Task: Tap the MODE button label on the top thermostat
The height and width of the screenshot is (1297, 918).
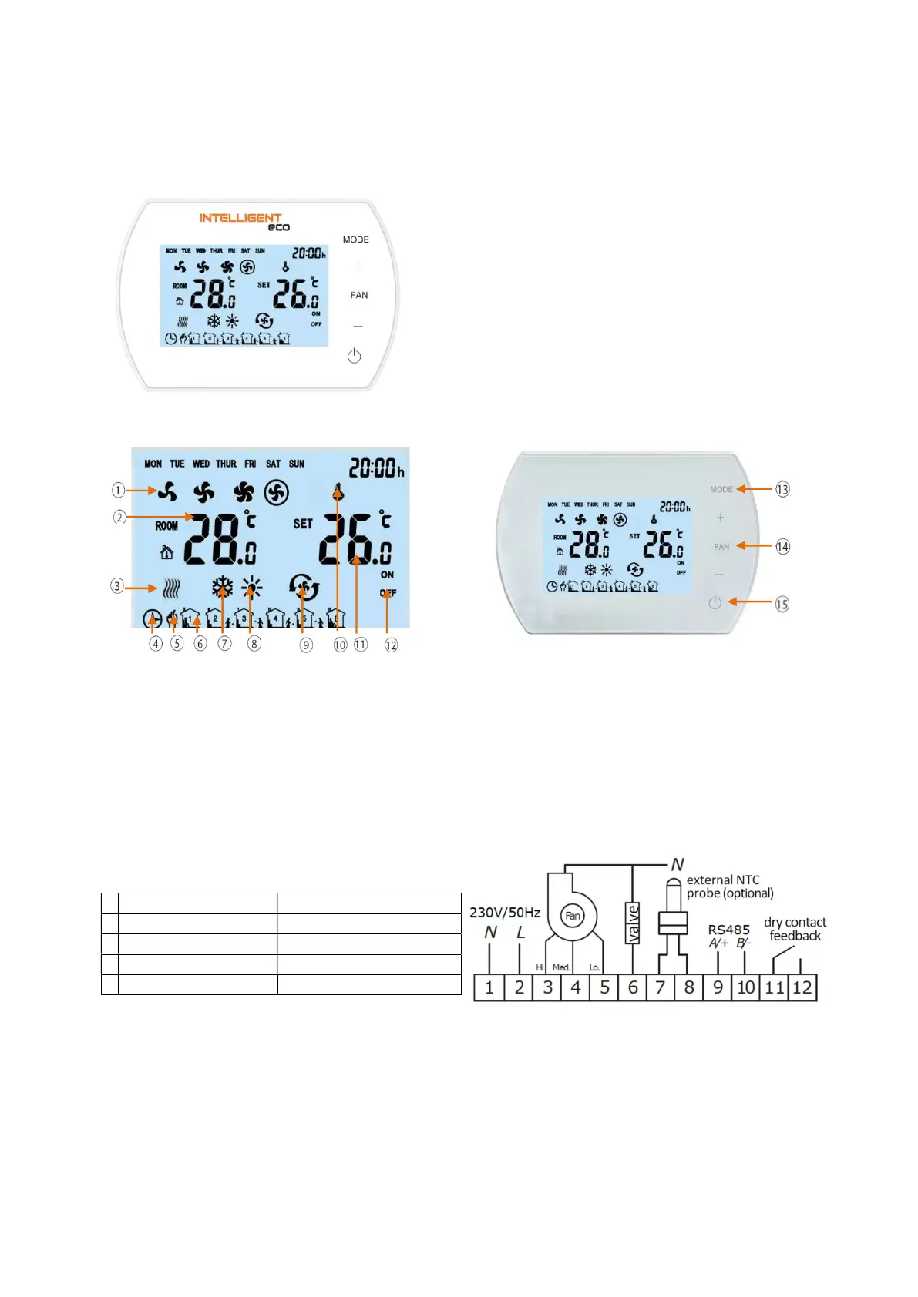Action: coord(355,240)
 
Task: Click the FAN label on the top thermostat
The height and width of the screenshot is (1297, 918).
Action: coord(358,295)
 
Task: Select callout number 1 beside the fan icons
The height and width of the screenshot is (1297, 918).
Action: coord(118,490)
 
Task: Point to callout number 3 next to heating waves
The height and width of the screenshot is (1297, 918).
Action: coord(117,586)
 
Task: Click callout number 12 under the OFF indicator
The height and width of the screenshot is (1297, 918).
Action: coord(391,645)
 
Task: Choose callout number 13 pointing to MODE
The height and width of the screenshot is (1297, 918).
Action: coord(782,489)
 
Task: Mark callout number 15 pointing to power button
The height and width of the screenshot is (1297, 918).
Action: coord(782,604)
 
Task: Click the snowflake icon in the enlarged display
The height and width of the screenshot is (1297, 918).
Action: coord(223,588)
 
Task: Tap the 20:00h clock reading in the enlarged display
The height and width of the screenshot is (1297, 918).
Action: coord(376,468)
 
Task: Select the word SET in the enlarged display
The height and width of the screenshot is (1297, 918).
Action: coord(303,524)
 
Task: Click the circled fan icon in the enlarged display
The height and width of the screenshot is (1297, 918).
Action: coord(277,492)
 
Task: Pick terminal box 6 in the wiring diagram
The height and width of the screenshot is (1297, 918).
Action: coord(633,987)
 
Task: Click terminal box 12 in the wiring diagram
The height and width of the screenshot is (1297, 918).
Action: coord(802,987)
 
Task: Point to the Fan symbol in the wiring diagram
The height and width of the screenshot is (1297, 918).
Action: coord(572,916)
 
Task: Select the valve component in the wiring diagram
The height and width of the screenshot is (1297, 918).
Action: coord(633,923)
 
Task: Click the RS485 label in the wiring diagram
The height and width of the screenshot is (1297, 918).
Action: coord(728,930)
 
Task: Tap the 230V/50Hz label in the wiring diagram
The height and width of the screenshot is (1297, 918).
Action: coord(505,913)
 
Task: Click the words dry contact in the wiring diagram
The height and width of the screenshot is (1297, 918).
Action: coord(795,922)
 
